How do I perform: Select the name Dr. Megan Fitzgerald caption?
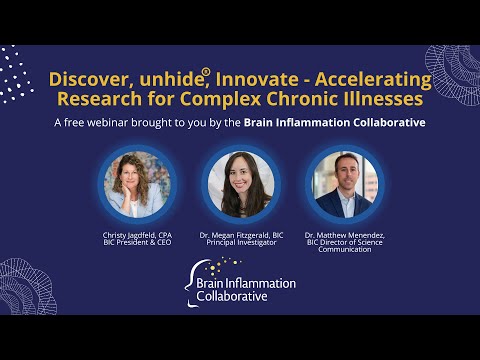[x=240, y=236]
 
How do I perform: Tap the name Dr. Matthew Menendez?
[x=344, y=236]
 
